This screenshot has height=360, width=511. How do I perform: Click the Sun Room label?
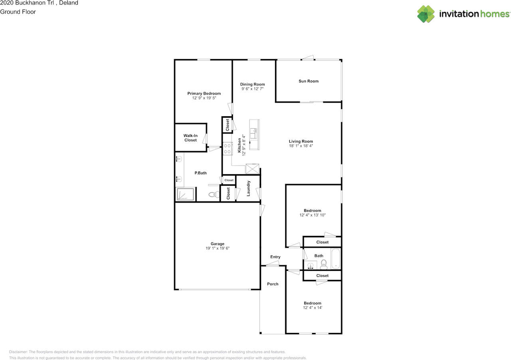pyautogui.click(x=309, y=81)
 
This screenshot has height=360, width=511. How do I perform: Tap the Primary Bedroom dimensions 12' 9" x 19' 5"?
pyautogui.click(x=204, y=98)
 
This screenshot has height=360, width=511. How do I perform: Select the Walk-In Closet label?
pyautogui.click(x=190, y=138)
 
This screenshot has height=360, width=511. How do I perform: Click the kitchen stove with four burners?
pyautogui.click(x=228, y=149)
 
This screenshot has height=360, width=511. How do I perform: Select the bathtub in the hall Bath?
pyautogui.click(x=336, y=259)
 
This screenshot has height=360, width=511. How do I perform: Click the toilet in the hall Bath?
pyautogui.click(x=323, y=264)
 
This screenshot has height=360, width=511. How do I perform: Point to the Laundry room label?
pyautogui.click(x=248, y=188)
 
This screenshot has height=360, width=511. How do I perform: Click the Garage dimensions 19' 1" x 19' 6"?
pyautogui.click(x=218, y=249)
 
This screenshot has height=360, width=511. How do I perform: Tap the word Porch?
pyautogui.click(x=273, y=284)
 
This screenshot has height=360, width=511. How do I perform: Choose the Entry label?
pyautogui.click(x=275, y=257)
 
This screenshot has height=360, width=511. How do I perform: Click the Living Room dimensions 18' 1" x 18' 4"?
pyautogui.click(x=301, y=146)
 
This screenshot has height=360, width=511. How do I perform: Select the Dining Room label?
pyautogui.click(x=252, y=84)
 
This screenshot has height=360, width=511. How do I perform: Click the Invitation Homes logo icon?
pyautogui.click(x=426, y=14)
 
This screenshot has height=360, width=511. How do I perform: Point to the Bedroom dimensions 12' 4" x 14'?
pyautogui.click(x=312, y=308)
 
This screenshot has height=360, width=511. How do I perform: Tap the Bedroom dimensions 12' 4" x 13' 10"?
pyautogui.click(x=313, y=215)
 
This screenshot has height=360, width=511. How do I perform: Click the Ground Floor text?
pyautogui.click(x=18, y=12)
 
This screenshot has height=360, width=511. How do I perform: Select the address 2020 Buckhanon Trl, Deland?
pyautogui.click(x=39, y=3)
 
